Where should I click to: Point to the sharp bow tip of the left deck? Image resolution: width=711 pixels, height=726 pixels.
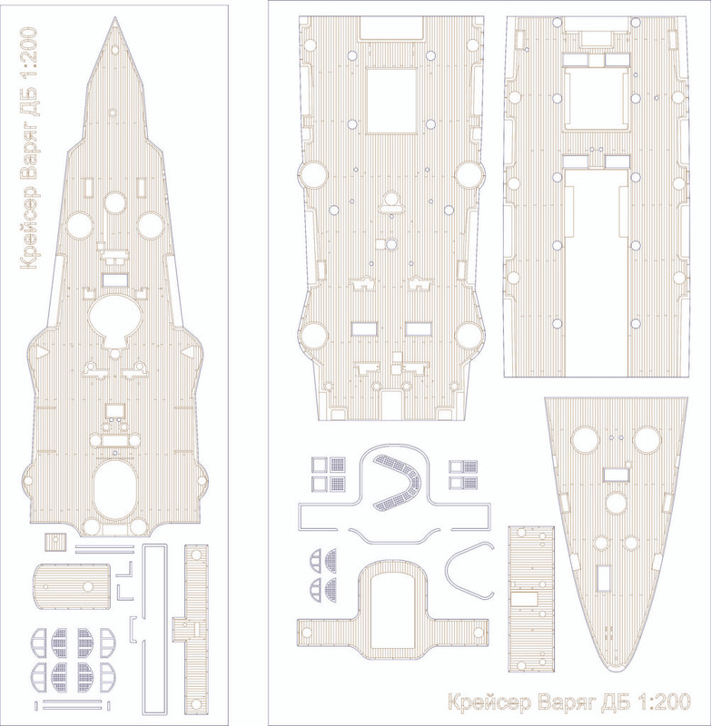[115, 17]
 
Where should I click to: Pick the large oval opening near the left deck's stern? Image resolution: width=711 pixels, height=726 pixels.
[114, 490]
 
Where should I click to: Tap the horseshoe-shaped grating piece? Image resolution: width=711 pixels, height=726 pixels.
[398, 483]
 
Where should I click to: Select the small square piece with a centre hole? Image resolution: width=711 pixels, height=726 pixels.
[55, 542]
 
